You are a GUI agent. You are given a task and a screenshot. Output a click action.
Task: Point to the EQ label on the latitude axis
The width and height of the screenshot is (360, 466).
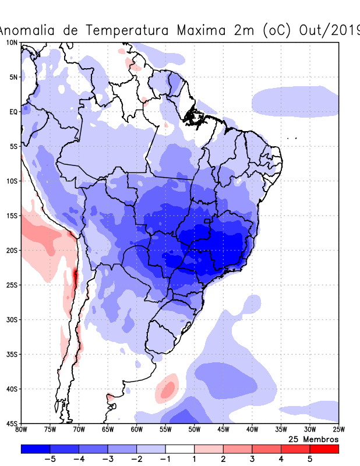point(13,112)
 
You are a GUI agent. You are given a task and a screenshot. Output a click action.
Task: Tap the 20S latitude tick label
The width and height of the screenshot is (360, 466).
point(12,250)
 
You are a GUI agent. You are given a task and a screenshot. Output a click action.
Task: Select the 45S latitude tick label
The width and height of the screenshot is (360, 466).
point(12,423)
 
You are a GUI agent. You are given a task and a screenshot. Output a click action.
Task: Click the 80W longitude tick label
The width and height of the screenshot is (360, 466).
point(21,430)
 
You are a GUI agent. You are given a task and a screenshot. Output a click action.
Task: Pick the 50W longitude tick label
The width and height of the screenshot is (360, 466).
point(194,430)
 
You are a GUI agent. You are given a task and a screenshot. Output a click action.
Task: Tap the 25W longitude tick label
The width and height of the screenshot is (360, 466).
point(338,430)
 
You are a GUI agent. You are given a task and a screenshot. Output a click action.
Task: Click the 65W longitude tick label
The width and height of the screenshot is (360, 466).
point(108,430)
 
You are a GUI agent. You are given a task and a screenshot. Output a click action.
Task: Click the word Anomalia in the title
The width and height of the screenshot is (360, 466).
point(27,30)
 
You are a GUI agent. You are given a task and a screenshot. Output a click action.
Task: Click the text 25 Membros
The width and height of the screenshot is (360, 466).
point(313,439)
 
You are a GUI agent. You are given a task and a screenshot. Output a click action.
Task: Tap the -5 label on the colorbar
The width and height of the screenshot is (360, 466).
point(50,459)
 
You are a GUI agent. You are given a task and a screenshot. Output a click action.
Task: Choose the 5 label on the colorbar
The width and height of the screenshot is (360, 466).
point(310,459)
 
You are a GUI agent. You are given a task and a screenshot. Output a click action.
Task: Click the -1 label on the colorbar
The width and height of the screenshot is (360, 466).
point(165,459)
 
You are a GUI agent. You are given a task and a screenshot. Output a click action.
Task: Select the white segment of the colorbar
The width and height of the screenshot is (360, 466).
point(179,449)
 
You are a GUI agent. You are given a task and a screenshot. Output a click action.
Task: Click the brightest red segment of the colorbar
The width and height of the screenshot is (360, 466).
point(324,449)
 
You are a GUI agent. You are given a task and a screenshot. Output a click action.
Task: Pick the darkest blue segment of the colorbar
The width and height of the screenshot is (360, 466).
point(36,449)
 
